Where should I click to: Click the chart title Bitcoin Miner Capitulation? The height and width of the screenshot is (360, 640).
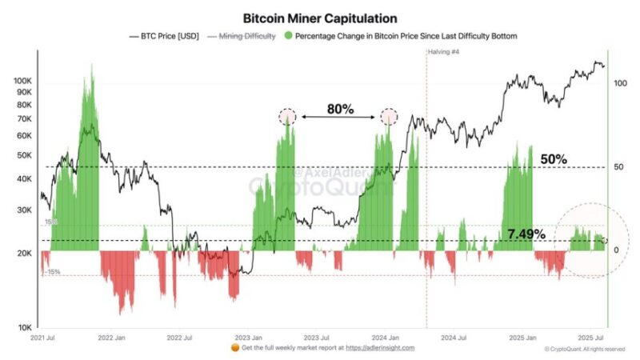(319, 17)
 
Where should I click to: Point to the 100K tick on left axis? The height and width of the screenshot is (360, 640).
(22, 82)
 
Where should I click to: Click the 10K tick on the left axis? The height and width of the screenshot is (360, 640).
(24, 327)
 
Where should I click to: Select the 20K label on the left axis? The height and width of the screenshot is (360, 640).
(24, 254)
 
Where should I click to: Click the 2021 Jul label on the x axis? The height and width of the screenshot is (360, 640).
(41, 338)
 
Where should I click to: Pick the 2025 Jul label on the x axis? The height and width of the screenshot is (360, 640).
(593, 338)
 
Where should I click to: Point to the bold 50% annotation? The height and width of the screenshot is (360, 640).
(554, 159)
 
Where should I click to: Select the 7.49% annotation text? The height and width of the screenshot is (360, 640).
(526, 234)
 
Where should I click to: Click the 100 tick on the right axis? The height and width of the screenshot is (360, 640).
(618, 82)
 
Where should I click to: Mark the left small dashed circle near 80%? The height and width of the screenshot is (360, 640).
(287, 117)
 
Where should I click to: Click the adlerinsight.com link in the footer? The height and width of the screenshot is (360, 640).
(380, 348)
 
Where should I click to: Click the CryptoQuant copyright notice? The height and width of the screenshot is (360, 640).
(584, 349)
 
